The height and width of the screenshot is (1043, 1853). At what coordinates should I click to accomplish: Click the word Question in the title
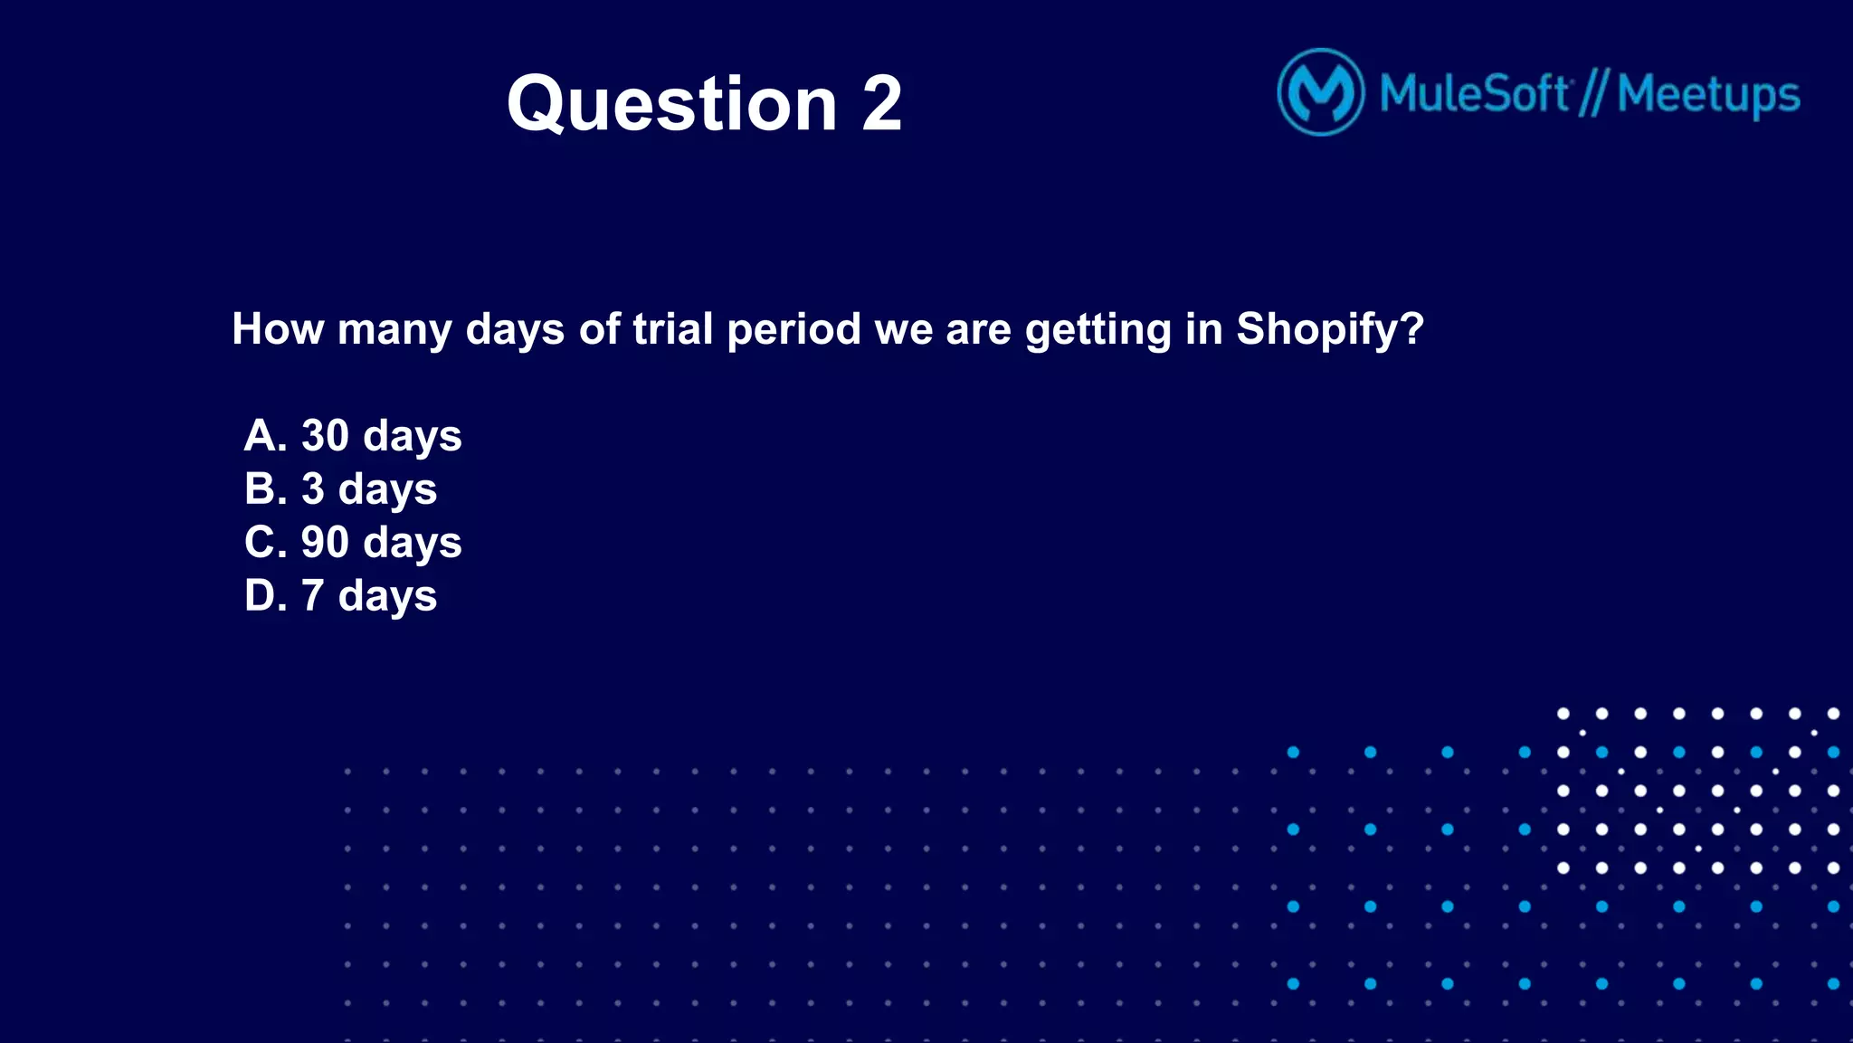671,104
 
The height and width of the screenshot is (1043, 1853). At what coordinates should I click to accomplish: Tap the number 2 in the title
881,104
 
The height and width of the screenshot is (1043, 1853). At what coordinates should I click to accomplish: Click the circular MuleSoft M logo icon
1320,92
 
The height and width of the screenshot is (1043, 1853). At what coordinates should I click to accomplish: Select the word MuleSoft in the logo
1474,93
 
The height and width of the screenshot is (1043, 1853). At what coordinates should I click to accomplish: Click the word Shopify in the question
1329,329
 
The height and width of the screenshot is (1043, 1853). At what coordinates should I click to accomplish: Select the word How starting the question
278,328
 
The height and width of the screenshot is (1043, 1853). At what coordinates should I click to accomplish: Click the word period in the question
793,329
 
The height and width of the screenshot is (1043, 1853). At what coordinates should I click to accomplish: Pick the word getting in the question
1098,330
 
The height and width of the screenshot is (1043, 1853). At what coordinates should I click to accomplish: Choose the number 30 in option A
324,435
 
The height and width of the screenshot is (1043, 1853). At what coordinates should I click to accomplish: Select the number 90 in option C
324,542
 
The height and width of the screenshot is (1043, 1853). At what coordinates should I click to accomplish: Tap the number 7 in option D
312,595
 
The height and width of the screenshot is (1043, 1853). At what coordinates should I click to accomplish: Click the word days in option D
387,597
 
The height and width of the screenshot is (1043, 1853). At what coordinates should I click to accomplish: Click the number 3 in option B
312,488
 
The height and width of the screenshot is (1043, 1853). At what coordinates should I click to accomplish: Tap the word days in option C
413,544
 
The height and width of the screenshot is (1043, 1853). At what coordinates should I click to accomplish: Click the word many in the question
394,330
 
